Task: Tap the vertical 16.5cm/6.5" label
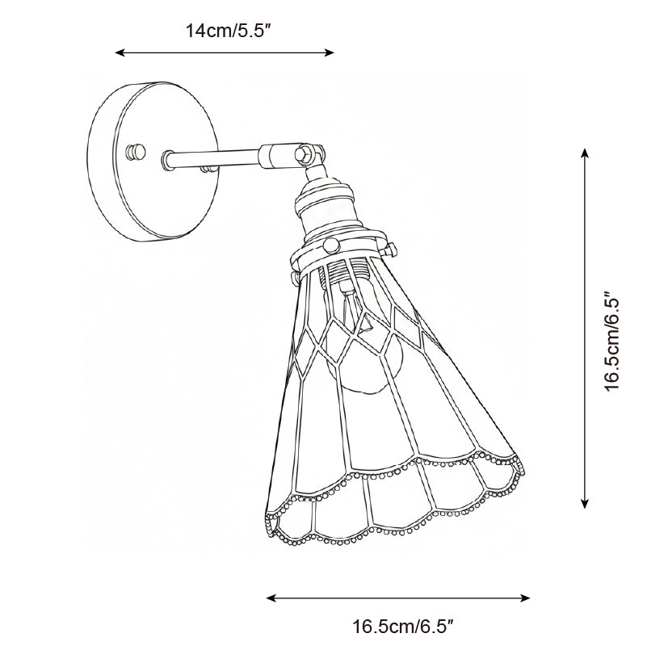point(612,342)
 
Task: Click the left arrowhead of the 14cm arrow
point(120,52)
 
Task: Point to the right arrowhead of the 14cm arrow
point(330,52)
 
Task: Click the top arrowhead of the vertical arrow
point(584,153)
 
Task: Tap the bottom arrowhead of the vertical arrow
point(584,503)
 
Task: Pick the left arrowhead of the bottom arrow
point(271,598)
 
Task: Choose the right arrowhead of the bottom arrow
point(525,598)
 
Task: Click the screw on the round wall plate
point(136,151)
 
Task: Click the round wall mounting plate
point(153,161)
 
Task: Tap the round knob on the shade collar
point(331,245)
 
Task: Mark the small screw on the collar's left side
point(295,278)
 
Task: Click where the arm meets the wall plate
point(167,160)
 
